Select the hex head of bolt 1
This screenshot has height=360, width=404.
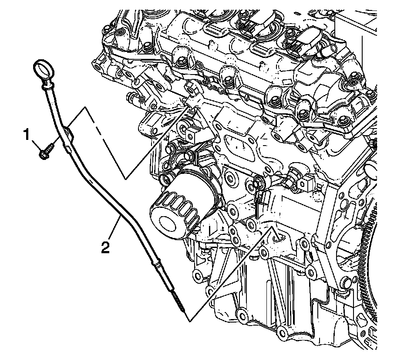point(44,153)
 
